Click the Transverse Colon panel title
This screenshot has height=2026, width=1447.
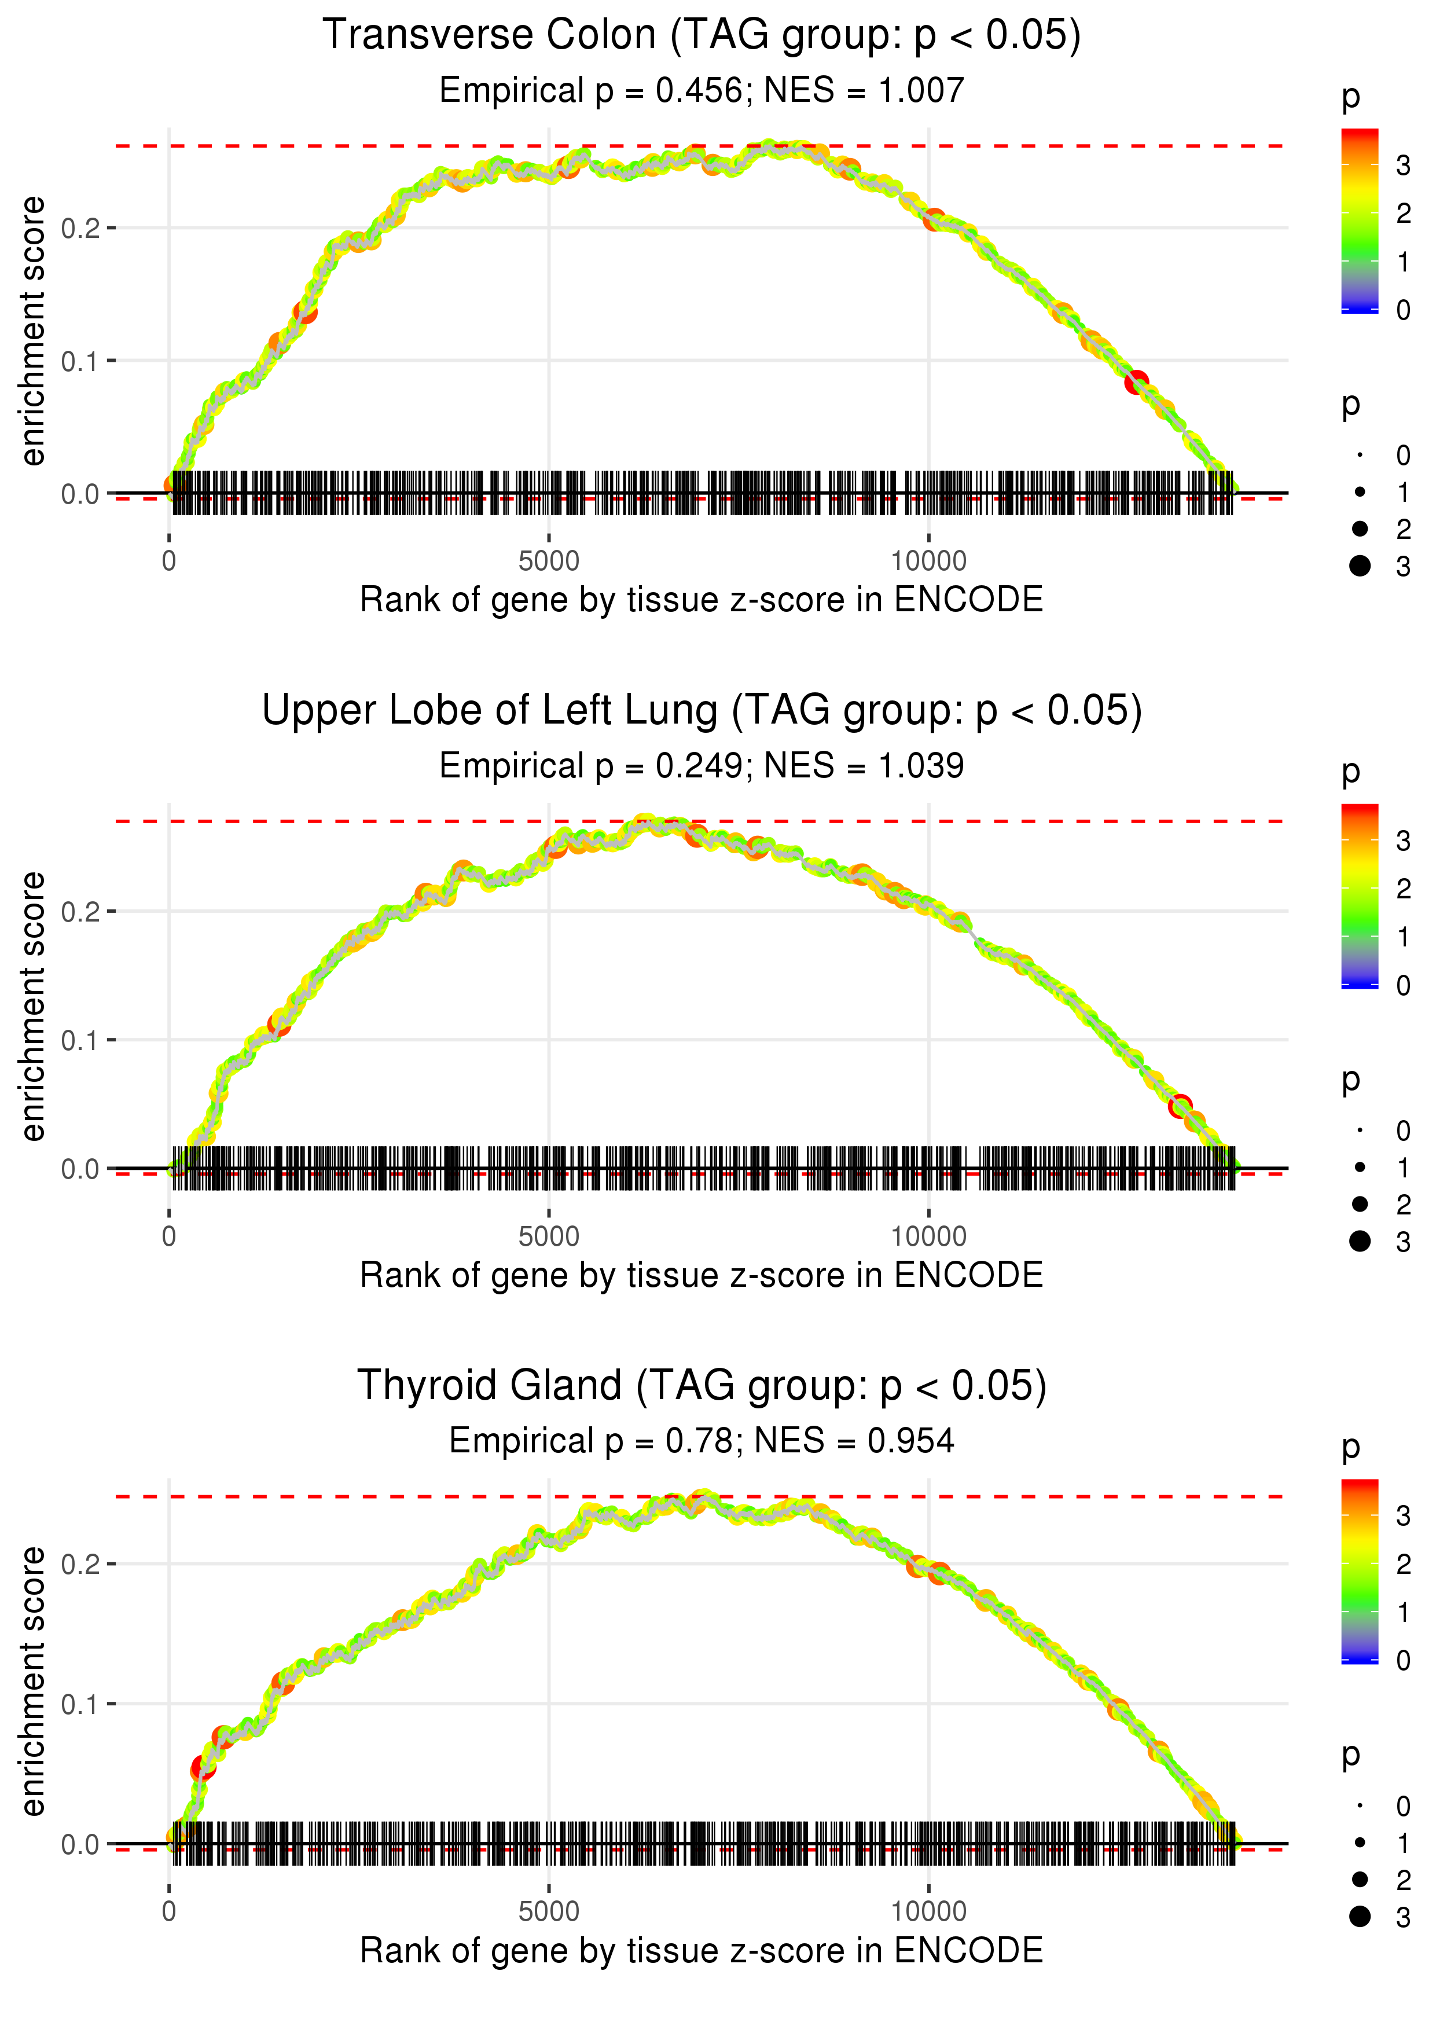tap(702, 36)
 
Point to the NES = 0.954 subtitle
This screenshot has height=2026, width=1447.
tap(854, 1441)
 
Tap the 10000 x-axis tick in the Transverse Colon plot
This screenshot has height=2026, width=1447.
tap(928, 561)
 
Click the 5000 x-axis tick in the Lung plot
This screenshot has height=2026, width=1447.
tap(548, 1236)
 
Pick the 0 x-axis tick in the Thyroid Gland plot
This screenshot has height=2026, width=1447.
tap(169, 1912)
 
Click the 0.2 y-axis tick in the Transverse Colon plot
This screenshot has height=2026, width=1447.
tap(80, 228)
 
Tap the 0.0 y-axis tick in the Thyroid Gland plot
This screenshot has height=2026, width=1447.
tap(80, 1844)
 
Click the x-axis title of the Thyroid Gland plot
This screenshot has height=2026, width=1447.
tap(702, 1951)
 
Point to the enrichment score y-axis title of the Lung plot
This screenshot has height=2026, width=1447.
tap(33, 1007)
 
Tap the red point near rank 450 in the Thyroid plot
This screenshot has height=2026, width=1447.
tap(203, 1768)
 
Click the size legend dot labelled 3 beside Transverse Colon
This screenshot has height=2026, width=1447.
tap(1360, 566)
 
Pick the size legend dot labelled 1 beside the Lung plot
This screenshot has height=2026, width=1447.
tap(1360, 1167)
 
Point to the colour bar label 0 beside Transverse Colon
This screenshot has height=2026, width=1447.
tap(1404, 310)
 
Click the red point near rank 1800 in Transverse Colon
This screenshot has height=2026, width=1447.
tap(306, 313)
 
